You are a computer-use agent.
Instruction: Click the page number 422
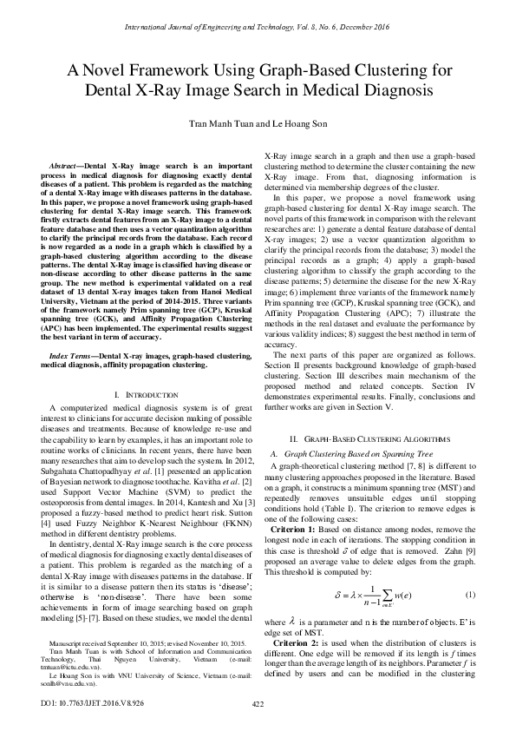click(258, 703)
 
